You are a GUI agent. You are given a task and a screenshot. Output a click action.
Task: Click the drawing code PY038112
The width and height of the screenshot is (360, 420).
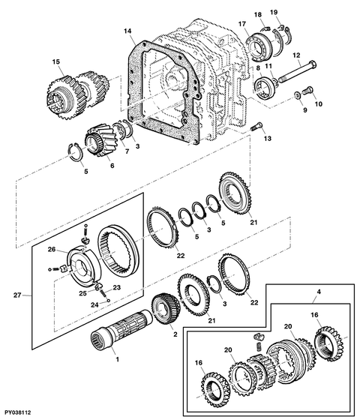(x=18, y=412)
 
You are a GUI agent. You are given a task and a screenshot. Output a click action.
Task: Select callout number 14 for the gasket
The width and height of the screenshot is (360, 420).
(x=127, y=31)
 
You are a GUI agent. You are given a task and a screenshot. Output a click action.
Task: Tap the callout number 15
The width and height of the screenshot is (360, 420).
(x=56, y=61)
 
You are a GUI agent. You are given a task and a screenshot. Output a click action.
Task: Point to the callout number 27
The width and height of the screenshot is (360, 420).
(x=17, y=295)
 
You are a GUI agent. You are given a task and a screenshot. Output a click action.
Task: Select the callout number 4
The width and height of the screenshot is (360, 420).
(x=319, y=292)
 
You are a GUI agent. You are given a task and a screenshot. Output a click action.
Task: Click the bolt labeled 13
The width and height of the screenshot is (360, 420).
(x=256, y=126)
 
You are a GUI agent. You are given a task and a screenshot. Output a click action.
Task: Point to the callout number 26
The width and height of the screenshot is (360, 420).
(x=52, y=249)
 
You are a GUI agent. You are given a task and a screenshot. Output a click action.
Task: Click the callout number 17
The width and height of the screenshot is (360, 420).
(x=242, y=24)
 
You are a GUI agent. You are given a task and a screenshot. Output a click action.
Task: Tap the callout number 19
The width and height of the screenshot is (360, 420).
(x=274, y=12)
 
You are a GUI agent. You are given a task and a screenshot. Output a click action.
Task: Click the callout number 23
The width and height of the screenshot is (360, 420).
(x=116, y=287)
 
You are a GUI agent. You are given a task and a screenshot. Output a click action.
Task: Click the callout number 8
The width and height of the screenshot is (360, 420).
(x=258, y=68)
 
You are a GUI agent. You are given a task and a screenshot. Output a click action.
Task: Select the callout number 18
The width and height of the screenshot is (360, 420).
(x=258, y=14)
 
